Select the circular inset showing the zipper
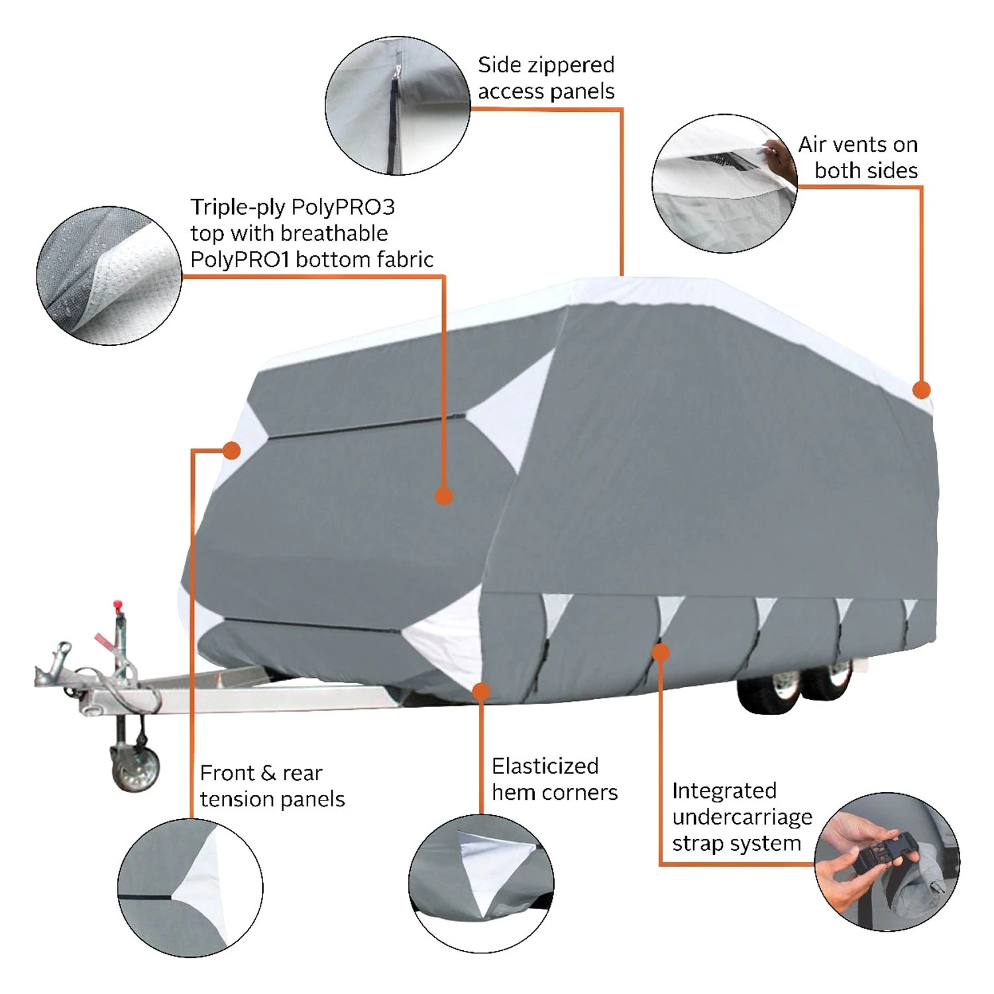click(397, 106)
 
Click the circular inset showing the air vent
click(724, 184)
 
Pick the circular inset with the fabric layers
click(109, 276)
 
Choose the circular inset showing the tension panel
click(190, 887)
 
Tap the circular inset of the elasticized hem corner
click(481, 883)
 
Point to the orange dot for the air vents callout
click(921, 390)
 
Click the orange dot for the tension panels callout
click(231, 451)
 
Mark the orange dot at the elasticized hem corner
click(482, 692)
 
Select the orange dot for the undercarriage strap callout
click(660, 653)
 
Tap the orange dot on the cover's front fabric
click(444, 496)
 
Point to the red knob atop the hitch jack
click(118, 605)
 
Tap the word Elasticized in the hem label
click(545, 766)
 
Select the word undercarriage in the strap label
click(742, 818)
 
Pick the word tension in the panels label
click(237, 800)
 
